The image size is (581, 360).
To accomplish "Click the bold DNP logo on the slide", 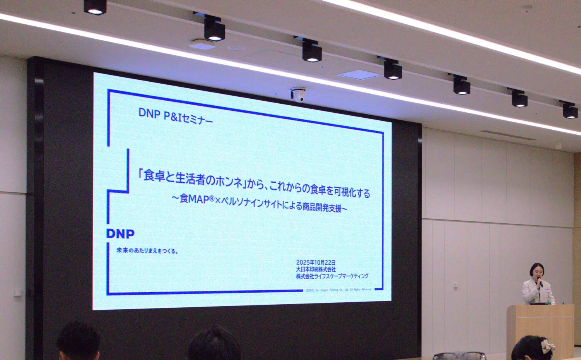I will click(x=120, y=233).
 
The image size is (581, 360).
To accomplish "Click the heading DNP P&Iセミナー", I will click(x=175, y=116).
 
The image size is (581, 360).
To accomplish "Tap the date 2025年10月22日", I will click(x=316, y=262).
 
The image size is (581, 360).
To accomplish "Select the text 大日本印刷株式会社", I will click(x=316, y=269).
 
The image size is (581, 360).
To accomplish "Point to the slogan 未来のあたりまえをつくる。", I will click(x=147, y=250).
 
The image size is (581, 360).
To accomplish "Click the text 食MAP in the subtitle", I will click(x=194, y=199).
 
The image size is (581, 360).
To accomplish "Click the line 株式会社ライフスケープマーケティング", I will click(x=332, y=276).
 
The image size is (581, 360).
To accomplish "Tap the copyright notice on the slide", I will click(x=338, y=290).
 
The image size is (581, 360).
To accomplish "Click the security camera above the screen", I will click(x=298, y=94).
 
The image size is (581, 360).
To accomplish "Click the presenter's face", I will click(x=537, y=271).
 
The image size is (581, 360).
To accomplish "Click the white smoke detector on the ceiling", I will click(x=202, y=45).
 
